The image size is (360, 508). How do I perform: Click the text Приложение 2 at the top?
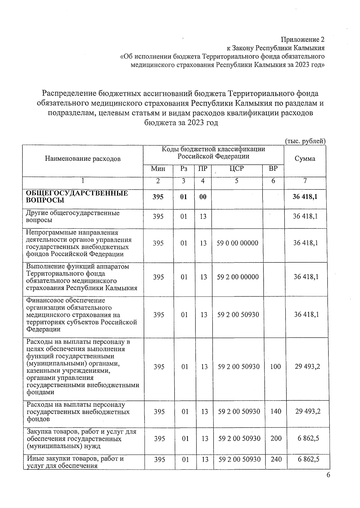[x=302, y=40]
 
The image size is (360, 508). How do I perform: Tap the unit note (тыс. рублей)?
[x=305, y=141]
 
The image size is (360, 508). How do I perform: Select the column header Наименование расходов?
[x=83, y=159]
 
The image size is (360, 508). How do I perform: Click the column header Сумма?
[x=305, y=159]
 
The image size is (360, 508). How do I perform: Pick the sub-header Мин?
[x=158, y=169]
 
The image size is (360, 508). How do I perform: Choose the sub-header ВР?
[x=273, y=169]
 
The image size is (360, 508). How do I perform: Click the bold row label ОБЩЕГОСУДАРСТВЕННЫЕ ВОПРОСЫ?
[x=77, y=197]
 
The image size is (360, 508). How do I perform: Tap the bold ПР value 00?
[x=203, y=197]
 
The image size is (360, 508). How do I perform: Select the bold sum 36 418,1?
[x=305, y=197]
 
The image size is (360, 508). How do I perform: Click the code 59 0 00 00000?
[x=237, y=243]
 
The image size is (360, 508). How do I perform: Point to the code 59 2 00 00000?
[x=238, y=277]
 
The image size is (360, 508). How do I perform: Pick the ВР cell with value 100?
[x=275, y=366]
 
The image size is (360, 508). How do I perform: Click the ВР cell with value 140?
[x=276, y=411]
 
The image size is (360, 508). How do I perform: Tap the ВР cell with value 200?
[x=276, y=438]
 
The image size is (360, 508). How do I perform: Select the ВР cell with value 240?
[x=276, y=459]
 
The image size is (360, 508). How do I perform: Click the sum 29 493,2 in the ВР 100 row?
[x=307, y=366]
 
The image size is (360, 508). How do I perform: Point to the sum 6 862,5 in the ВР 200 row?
[x=308, y=438]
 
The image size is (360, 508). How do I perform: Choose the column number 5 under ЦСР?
[x=237, y=181]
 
